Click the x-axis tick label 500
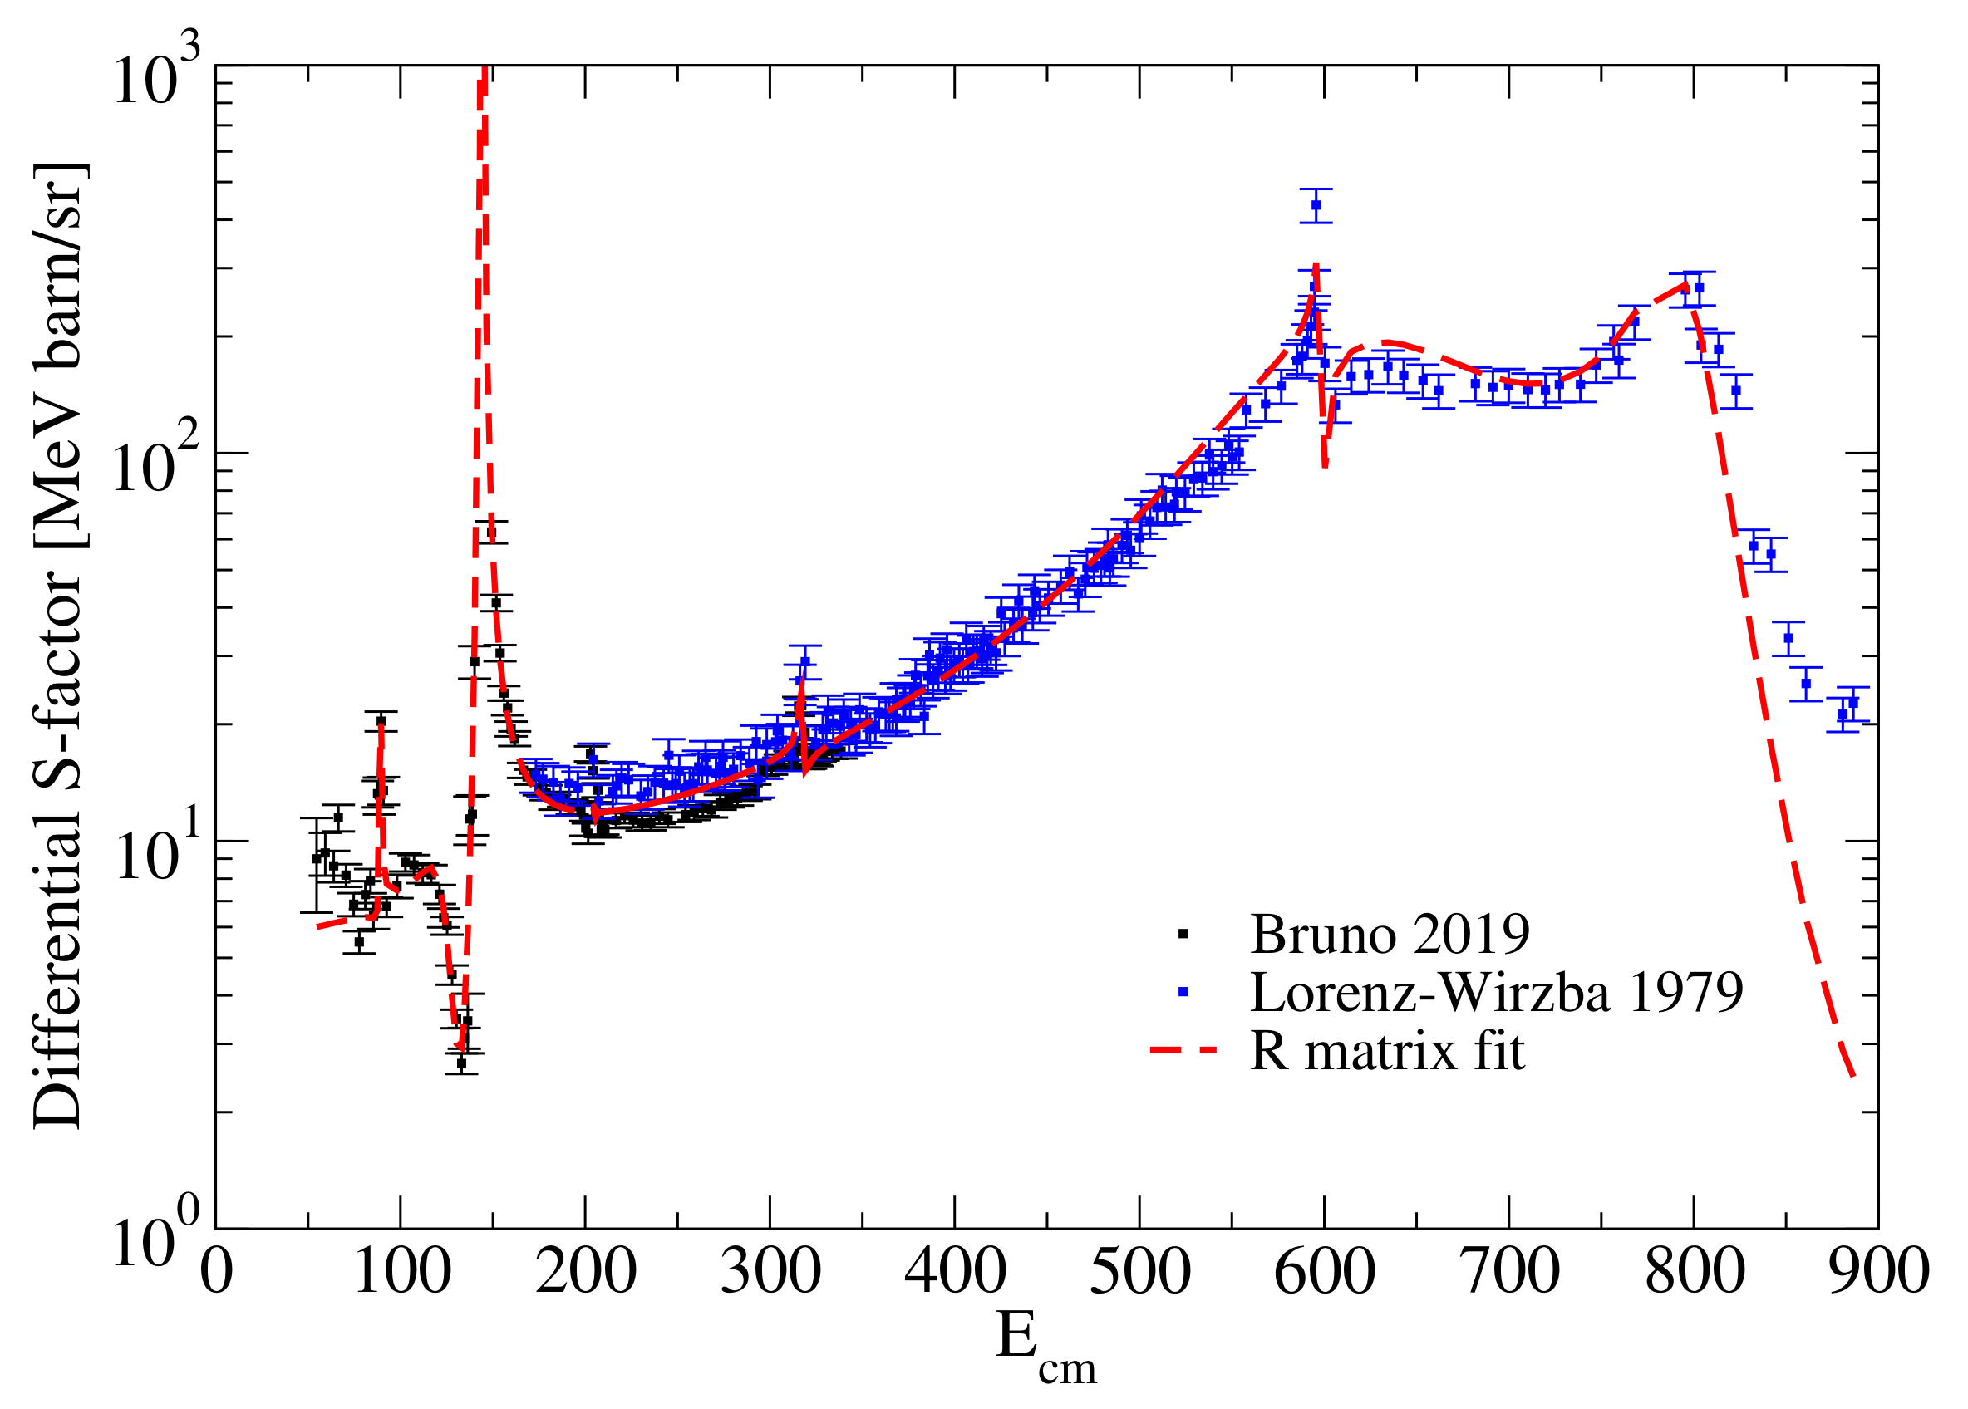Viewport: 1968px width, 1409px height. click(1139, 1274)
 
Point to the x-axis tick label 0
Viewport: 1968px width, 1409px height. click(216, 1274)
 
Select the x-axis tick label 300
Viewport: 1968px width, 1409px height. click(770, 1274)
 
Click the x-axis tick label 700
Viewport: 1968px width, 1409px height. click(1510, 1274)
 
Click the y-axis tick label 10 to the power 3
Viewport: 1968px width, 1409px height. click(156, 80)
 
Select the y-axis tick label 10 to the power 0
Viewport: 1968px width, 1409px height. click(156, 1242)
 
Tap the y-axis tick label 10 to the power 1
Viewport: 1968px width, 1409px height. click(156, 855)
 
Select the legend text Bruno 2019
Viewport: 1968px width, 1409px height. click(1390, 935)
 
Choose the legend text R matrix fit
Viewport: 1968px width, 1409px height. click(1386, 1052)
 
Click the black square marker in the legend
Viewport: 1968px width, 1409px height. click(1183, 934)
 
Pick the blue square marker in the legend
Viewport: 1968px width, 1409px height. click(1183, 992)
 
